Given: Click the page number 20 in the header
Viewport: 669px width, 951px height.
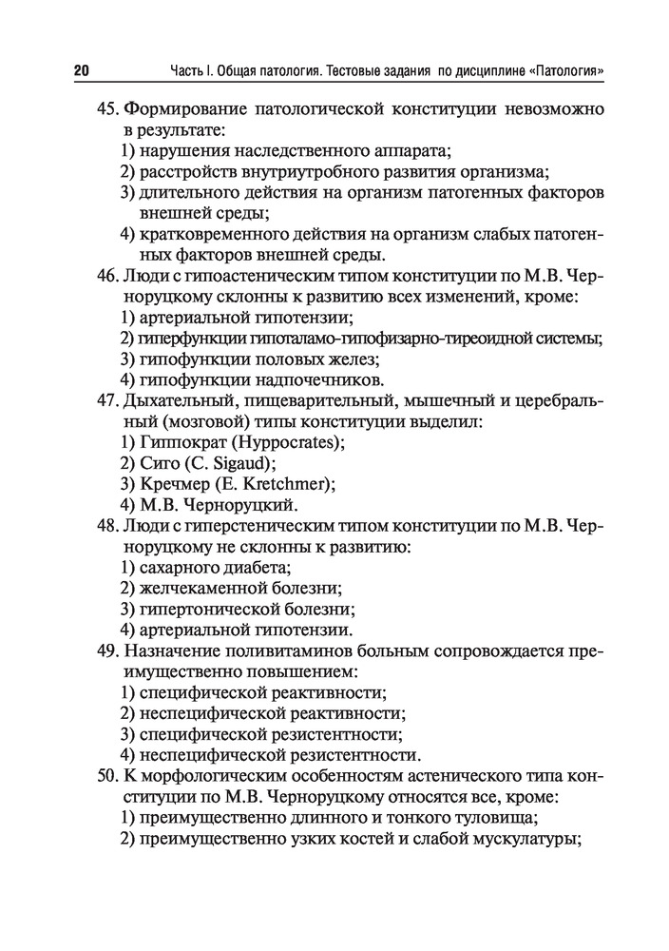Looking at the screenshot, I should pos(80,71).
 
